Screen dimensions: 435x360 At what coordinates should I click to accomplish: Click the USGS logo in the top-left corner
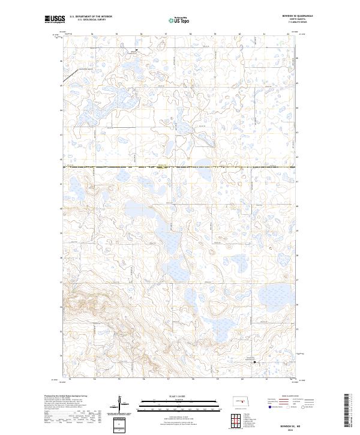[55, 20]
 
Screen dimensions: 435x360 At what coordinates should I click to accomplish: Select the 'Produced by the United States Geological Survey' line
[66, 397]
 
